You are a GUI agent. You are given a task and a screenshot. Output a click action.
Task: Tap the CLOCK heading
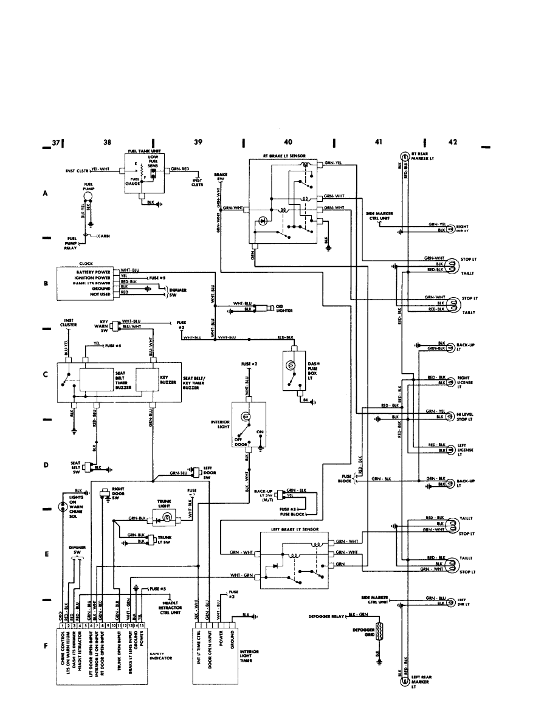point(86,264)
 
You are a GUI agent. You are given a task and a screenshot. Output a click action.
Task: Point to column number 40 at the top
point(288,142)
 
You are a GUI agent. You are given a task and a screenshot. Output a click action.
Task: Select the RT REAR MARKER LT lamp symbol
point(404,156)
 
